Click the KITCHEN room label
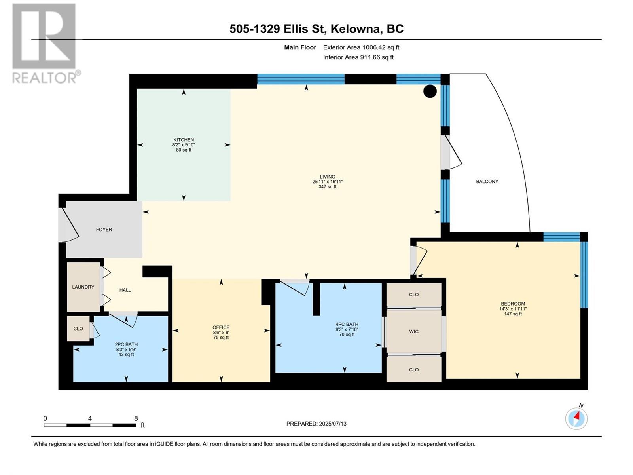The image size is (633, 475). (184, 140)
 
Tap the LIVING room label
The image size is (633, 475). (327, 177)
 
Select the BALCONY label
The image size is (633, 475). (487, 182)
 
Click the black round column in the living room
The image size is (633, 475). (430, 91)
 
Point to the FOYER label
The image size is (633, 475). (104, 230)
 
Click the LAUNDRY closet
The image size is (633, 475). (83, 287)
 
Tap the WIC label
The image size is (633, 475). (414, 331)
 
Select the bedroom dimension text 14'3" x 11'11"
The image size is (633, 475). (513, 309)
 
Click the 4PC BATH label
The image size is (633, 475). (347, 324)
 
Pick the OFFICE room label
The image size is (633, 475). (221, 327)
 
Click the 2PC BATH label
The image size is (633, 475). (126, 344)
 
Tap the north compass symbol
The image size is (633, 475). (576, 418)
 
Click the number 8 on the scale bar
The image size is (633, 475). (136, 418)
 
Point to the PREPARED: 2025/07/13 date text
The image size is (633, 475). (316, 424)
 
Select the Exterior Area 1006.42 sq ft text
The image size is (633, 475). (361, 47)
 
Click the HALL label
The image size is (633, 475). (125, 290)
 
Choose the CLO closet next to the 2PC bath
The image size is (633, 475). (78, 329)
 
